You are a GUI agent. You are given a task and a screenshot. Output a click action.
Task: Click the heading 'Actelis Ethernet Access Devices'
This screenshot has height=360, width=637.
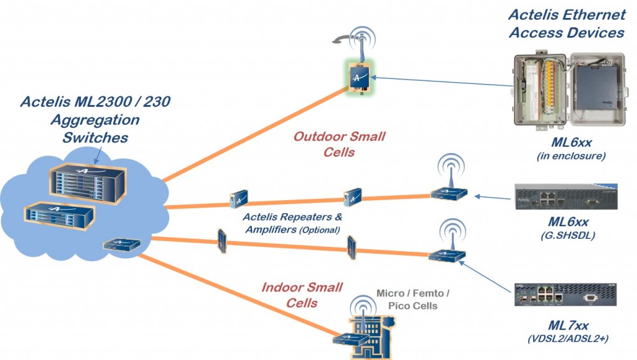pos(566,24)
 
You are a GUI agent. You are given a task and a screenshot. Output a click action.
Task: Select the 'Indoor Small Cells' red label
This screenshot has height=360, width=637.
pos(302,295)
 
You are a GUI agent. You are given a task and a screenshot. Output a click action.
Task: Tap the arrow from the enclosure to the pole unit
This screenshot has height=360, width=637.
pos(442,83)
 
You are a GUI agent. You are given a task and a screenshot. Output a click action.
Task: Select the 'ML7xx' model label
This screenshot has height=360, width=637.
pos(565,326)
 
